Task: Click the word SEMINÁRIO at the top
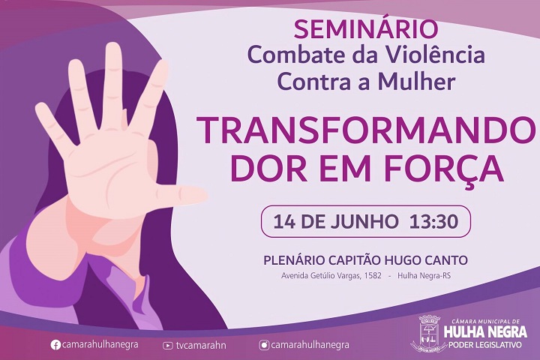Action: [366, 29]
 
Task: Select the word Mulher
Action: [417, 82]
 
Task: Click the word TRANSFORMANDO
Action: [367, 131]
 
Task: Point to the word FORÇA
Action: [444, 170]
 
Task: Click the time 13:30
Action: [434, 221]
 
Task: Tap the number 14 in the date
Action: [284, 221]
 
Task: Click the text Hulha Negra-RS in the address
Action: [424, 276]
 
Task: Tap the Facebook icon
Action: [55, 345]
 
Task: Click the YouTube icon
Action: [168, 346]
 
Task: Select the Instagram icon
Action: [264, 345]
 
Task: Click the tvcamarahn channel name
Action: [201, 345]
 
